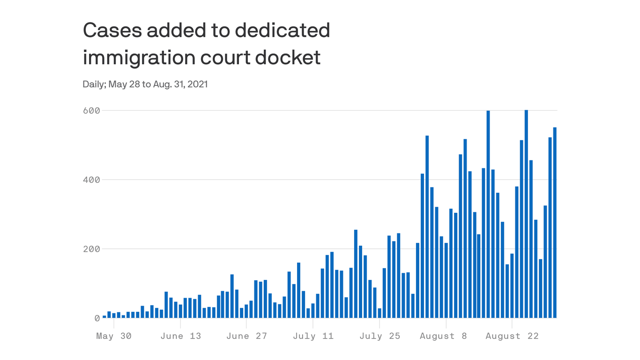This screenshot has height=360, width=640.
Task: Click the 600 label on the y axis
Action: [x=91, y=111]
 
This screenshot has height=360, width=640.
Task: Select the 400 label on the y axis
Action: [x=91, y=180]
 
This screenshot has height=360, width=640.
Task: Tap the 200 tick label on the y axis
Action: [x=91, y=249]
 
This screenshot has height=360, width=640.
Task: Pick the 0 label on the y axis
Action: [x=97, y=318]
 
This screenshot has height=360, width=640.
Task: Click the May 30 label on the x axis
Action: [x=114, y=336]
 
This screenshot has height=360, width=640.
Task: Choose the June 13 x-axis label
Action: [x=180, y=336]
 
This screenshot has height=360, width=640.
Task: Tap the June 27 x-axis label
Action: [x=246, y=336]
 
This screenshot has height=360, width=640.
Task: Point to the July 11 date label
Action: [x=313, y=336]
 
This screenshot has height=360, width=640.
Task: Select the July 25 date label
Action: [x=380, y=336]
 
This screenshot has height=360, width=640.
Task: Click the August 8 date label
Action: [x=443, y=336]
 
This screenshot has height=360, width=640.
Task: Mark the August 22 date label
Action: [x=512, y=336]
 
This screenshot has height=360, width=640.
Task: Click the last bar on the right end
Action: [x=555, y=223]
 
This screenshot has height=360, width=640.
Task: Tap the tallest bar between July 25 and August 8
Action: [x=427, y=227]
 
